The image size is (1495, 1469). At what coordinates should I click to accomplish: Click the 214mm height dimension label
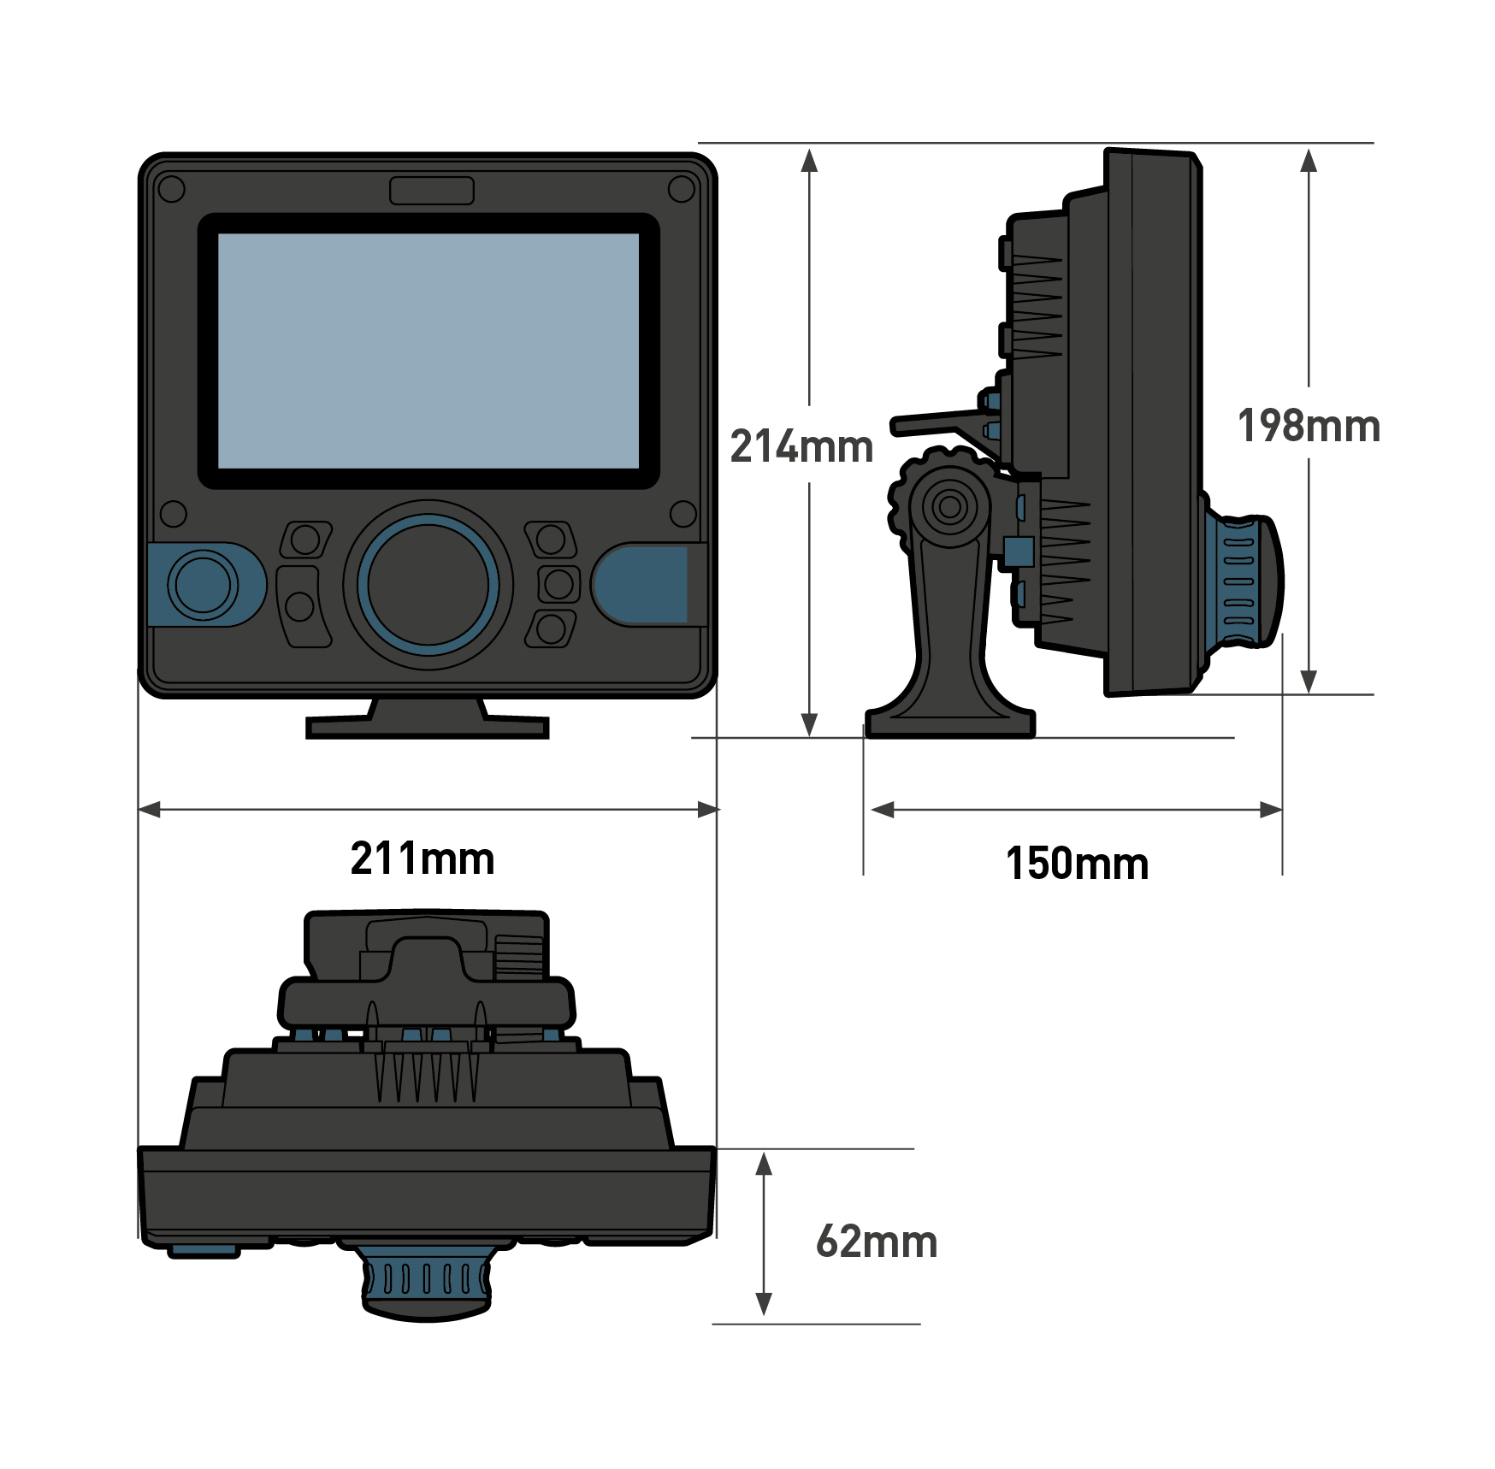click(x=801, y=446)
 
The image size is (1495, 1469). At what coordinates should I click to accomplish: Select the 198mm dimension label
click(x=1309, y=426)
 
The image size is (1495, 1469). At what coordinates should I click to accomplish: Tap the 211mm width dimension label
click(x=422, y=858)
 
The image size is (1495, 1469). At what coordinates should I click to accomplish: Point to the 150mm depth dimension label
click(x=1077, y=864)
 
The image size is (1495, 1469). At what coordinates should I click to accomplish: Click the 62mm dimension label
click(x=877, y=1242)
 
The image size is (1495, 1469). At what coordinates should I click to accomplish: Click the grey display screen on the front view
click(x=428, y=351)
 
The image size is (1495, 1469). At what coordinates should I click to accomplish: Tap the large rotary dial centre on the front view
click(x=428, y=585)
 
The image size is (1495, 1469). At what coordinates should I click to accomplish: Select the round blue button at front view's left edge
click(x=203, y=585)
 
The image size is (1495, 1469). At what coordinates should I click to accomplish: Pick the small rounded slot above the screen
click(x=431, y=191)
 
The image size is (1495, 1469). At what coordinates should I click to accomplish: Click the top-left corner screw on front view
click(x=172, y=189)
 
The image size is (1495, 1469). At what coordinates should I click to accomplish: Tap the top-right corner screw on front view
click(x=682, y=189)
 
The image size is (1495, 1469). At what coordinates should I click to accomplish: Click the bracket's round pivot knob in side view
click(x=948, y=507)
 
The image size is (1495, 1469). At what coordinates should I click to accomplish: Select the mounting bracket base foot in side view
click(x=950, y=723)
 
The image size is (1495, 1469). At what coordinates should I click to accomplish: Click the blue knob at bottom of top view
click(x=427, y=1282)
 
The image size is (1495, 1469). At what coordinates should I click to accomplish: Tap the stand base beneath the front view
click(x=427, y=726)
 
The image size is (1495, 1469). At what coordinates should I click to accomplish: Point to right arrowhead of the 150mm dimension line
click(x=1272, y=810)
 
